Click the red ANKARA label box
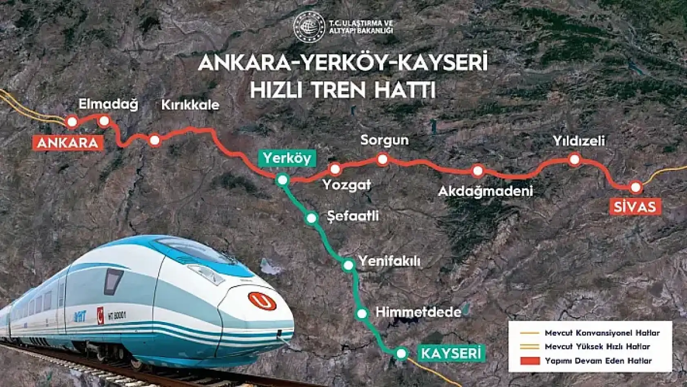tap(68, 143)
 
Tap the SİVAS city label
tap(635, 207)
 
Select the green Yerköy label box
tap(287, 158)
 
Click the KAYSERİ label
tap(451, 353)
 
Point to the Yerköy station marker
tap(282, 180)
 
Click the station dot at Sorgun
tap(383, 159)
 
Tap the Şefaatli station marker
tap(311, 218)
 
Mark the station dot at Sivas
tap(636, 187)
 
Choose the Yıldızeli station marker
tap(575, 159)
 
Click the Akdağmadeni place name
tap(485, 191)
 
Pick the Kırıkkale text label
tap(190, 105)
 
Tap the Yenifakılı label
tap(389, 261)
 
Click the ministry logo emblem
tap(309, 26)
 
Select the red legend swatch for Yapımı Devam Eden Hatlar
tap(530, 361)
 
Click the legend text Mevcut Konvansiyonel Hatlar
tap(602, 333)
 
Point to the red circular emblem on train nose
tap(263, 301)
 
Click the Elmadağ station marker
tap(104, 121)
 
